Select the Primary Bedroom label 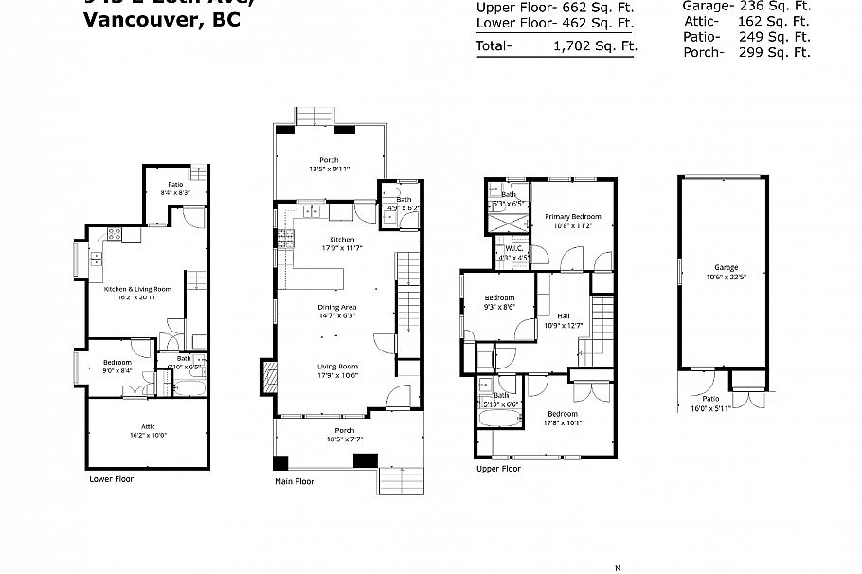[573, 221]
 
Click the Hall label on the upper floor [564, 320]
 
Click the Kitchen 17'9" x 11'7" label [341, 243]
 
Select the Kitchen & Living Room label [136, 293]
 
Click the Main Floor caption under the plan [294, 481]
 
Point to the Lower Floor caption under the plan [111, 479]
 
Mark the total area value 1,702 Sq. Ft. [595, 45]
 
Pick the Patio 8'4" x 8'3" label [175, 188]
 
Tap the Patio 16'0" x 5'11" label [711, 404]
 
